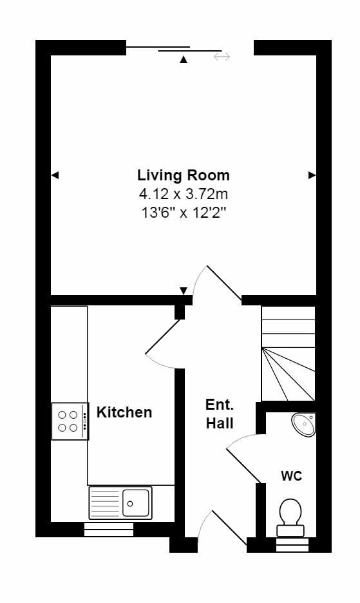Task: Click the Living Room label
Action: point(183,175)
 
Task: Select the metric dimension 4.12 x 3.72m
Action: point(183,193)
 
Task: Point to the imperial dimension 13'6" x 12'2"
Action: point(183,213)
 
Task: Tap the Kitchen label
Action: point(124,412)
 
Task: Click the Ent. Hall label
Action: point(220,414)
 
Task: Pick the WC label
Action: point(291,476)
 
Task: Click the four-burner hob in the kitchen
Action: point(69,421)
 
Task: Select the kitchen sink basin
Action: point(136,502)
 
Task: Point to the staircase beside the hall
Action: point(288,353)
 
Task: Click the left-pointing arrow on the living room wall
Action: point(55,175)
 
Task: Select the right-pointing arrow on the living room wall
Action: point(312,175)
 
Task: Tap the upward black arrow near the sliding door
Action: point(184,60)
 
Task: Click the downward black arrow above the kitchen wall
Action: point(184,290)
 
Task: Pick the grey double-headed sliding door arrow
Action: point(222,57)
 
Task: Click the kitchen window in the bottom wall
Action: point(109,530)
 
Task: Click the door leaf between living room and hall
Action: point(223,283)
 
